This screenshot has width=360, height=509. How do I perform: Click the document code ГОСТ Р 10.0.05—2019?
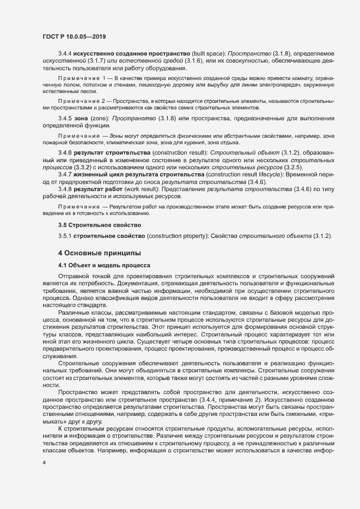[74, 36]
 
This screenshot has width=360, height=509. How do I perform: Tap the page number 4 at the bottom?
[44, 462]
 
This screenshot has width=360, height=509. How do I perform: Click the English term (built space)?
[208, 54]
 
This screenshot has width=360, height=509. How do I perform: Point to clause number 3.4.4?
[65, 54]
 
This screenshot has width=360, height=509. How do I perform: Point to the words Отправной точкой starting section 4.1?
[79, 277]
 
